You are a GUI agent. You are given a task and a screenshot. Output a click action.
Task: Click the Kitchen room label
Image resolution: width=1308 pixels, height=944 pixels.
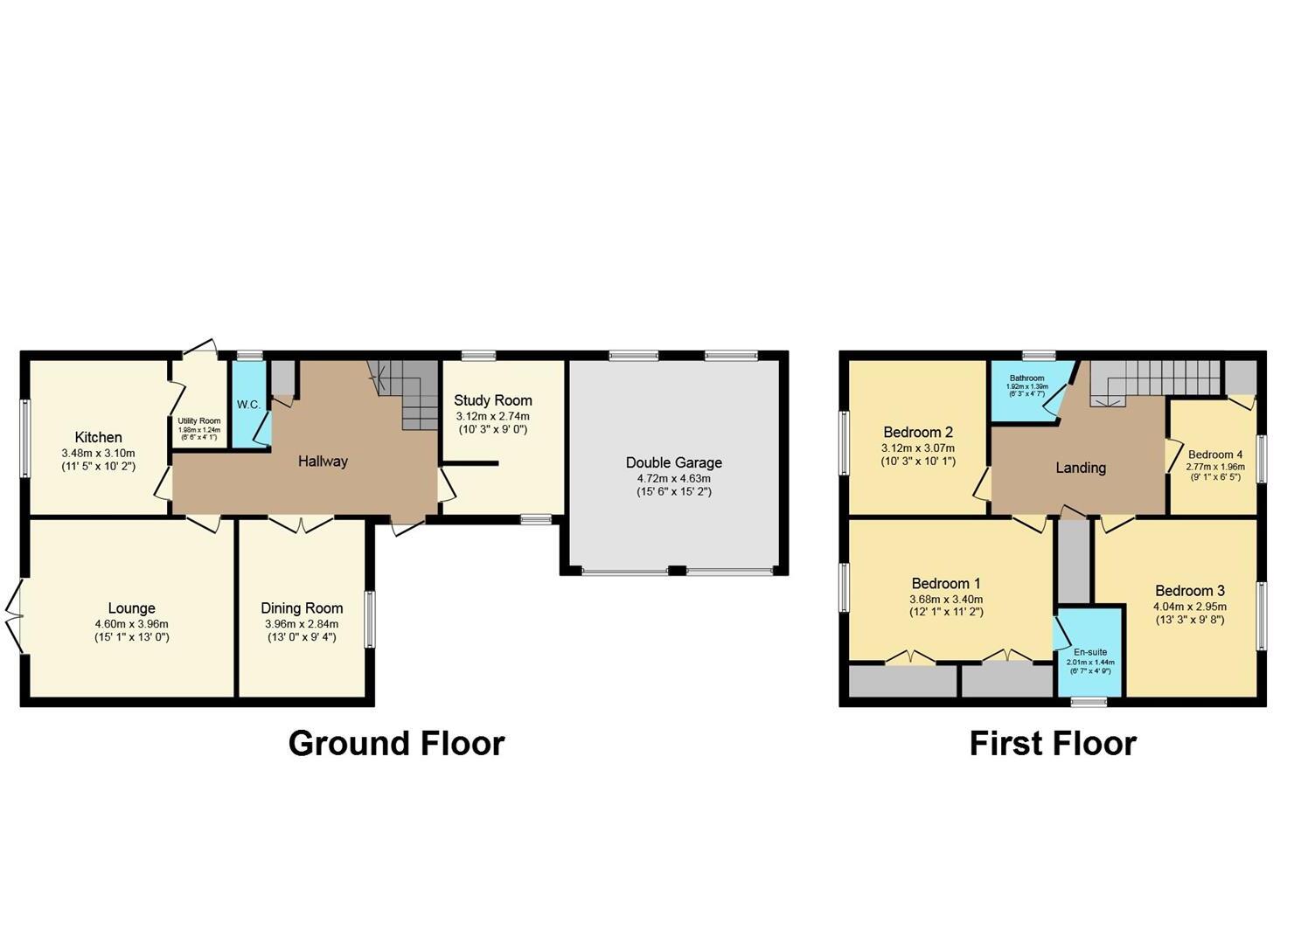98,437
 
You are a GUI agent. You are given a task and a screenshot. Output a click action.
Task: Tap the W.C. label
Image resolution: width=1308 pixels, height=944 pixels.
248,406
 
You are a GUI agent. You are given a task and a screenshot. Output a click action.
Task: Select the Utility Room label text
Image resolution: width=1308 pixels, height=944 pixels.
199,421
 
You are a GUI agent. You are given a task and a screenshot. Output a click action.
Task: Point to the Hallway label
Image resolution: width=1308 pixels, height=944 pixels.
323,462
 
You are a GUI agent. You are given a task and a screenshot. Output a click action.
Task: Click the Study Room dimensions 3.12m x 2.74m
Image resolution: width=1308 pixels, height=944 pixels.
492,416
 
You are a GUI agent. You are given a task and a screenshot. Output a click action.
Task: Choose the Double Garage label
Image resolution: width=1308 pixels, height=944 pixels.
673,462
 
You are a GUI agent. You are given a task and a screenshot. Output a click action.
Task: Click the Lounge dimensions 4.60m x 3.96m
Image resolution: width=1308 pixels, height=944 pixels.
131,624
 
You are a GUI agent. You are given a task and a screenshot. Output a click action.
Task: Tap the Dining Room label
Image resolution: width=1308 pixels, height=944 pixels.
302,608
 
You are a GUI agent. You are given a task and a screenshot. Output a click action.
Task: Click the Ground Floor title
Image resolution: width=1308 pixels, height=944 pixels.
396,743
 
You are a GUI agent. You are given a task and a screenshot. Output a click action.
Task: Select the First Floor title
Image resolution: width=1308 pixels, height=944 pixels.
1053,743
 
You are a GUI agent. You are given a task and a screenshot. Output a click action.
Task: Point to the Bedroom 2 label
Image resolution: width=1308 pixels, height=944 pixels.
918,432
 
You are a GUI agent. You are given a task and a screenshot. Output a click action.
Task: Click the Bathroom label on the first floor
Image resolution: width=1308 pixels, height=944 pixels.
1026,378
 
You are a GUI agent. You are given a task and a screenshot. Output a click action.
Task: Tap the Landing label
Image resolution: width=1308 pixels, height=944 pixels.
1081,468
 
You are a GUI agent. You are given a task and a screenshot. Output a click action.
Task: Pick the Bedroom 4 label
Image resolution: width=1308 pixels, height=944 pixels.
1214,455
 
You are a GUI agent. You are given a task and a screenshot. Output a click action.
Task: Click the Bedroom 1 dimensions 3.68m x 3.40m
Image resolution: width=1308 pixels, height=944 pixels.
947,600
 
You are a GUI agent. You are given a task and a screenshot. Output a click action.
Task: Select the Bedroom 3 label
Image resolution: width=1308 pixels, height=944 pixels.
1190,591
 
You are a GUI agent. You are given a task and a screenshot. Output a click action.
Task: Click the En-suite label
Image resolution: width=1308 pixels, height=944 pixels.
1089,652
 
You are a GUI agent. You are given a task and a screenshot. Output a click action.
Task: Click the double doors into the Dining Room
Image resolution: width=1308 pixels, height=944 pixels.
301,524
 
